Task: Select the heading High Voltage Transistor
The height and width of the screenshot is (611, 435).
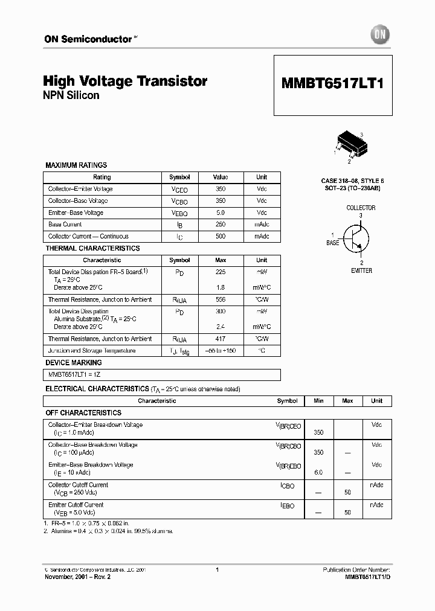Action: click(x=125, y=81)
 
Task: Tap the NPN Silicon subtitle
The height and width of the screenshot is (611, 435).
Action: click(x=71, y=95)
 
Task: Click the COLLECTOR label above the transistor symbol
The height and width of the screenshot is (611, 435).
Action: click(x=361, y=208)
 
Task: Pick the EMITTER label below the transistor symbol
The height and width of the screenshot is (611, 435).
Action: click(x=361, y=270)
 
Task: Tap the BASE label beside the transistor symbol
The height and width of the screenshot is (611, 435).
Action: click(x=333, y=242)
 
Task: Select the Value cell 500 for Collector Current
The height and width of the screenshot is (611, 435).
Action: click(x=221, y=236)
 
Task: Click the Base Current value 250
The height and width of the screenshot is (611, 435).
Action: click(x=221, y=225)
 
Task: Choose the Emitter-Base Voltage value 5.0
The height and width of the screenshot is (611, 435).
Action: click(x=221, y=213)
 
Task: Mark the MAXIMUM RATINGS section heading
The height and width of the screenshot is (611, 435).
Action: click(x=76, y=165)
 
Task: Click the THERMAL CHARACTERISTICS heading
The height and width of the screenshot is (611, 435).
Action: click(x=92, y=248)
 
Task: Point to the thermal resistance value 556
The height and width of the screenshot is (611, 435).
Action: click(x=221, y=299)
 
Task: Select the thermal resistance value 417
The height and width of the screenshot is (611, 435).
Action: click(x=221, y=339)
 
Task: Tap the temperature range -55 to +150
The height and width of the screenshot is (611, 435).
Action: click(x=221, y=351)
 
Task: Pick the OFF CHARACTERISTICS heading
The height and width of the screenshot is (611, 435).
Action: click(x=83, y=413)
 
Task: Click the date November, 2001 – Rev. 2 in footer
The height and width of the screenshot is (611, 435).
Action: click(x=77, y=577)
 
